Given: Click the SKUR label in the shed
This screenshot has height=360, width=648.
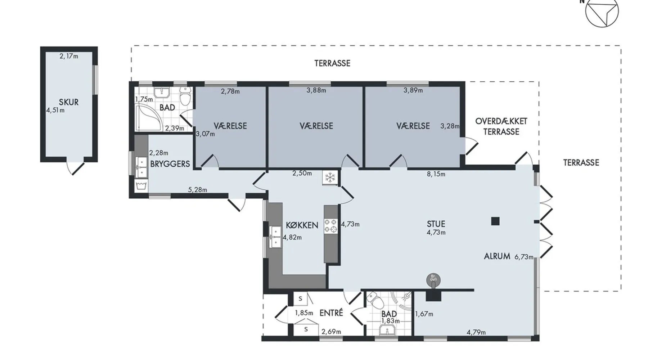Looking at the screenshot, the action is pos(68,102).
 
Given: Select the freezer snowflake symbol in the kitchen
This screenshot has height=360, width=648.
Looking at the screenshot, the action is pos(329,177).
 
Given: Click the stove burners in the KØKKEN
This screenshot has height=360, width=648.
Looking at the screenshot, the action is pos(330,225).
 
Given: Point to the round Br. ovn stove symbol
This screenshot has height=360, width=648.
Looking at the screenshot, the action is pos(433,279).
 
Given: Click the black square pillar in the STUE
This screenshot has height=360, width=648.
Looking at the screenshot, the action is pos(495,221).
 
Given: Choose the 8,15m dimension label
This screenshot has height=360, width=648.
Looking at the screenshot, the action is pos(436,174).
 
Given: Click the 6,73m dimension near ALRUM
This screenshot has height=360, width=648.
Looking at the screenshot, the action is pos(524,257).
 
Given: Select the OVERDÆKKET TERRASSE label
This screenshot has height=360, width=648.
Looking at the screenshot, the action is pos(501,126).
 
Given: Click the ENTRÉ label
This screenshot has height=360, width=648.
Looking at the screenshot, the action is pos(331,313).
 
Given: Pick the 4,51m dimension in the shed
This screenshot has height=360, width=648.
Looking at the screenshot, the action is pos(55,110).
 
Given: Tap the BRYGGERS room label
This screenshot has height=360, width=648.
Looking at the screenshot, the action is pos(170,164).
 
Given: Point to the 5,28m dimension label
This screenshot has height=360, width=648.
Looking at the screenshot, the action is pos(197,190).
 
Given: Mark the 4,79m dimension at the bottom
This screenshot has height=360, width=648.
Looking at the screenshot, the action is pos(476,332).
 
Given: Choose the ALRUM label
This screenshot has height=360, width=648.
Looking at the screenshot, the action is pos(497,256).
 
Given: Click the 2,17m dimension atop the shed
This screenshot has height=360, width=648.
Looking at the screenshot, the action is pos(69,56).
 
